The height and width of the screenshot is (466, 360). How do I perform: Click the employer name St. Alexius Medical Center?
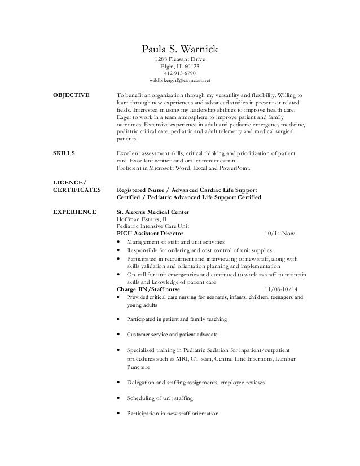152,212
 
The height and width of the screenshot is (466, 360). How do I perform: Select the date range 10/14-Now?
279,233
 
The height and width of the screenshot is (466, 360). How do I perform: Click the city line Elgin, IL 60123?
180,66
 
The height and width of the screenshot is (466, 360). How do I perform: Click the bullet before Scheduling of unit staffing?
117,398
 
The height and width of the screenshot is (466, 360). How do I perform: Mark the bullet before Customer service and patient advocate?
117,335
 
